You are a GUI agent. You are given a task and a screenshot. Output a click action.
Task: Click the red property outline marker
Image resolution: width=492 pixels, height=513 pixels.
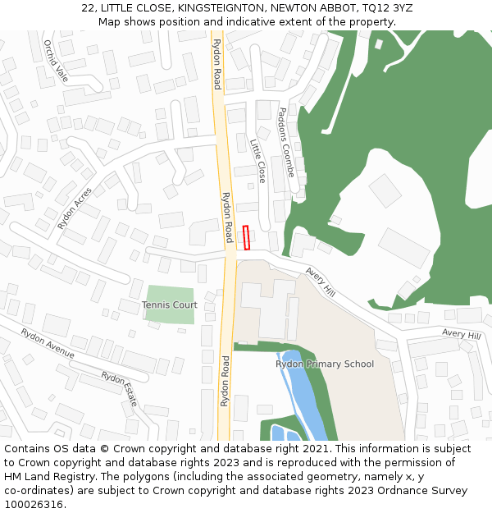tap(246, 237)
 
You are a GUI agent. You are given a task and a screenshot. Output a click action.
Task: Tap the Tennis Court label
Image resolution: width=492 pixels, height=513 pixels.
tap(170, 305)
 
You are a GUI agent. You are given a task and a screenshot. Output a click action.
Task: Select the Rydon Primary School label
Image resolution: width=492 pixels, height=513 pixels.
tap(325, 364)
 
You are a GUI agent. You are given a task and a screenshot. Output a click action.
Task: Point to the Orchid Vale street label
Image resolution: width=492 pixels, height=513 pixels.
tap(57, 61)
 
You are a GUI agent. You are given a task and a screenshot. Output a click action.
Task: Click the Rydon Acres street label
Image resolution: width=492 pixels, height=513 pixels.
tap(75, 208)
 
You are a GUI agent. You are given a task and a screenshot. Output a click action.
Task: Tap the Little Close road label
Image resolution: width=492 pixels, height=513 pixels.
tap(257, 161)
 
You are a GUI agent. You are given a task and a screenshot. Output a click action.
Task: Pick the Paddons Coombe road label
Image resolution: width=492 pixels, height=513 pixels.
tap(285, 142)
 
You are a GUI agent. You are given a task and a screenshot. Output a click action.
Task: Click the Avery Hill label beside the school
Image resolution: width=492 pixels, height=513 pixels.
tap(321, 282)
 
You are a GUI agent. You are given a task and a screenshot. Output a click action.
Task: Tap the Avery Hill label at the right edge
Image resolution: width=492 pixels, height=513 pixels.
tap(461, 334)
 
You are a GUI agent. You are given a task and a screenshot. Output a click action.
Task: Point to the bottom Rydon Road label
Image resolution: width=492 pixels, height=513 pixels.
tap(224, 381)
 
